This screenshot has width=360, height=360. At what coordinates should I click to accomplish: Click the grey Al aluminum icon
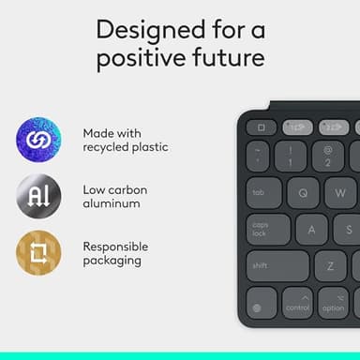38,197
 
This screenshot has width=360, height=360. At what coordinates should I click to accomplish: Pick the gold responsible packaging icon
38,253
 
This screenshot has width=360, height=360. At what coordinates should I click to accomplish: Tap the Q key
303,193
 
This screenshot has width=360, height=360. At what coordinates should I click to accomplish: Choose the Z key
331,265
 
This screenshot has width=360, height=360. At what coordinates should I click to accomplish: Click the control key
297,302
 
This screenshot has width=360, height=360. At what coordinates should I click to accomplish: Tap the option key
333,302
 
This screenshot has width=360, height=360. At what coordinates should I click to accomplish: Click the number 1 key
291,156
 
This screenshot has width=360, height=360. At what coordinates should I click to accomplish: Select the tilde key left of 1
259,156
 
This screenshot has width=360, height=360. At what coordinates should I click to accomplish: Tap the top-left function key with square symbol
262,127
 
